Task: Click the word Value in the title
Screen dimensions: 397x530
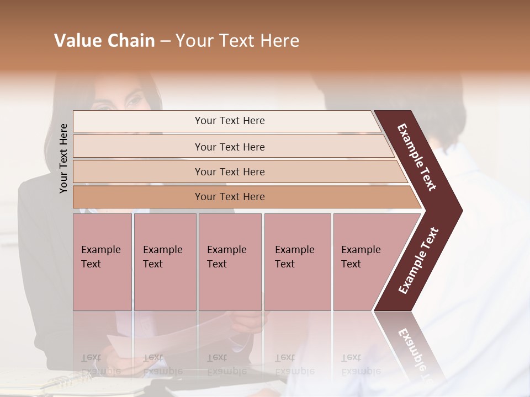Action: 76,41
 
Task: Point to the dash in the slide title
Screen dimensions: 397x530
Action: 165,41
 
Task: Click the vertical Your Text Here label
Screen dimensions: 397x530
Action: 63,158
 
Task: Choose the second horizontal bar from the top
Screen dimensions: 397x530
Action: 229,147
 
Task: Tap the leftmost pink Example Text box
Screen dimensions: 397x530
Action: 102,262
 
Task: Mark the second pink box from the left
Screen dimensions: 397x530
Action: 165,262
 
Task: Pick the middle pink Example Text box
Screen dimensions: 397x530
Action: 230,262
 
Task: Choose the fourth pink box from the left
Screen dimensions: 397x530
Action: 298,262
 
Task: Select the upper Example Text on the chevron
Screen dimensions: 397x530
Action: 417,157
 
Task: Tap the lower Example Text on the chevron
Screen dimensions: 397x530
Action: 418,261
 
